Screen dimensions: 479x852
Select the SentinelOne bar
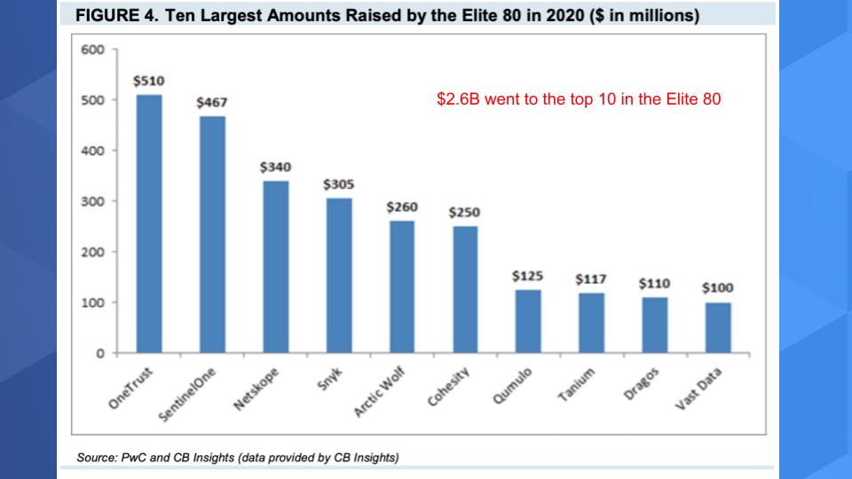[211, 234]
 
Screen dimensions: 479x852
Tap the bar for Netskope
[275, 266]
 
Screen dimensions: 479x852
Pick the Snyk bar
[338, 275]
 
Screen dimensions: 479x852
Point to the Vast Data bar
[718, 327]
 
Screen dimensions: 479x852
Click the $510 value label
[148, 81]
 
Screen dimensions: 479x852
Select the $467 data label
[211, 102]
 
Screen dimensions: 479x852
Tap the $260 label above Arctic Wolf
[402, 207]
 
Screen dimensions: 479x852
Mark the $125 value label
[528, 276]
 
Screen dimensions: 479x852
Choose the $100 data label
[718, 288]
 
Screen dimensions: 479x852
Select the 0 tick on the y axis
[100, 354]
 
